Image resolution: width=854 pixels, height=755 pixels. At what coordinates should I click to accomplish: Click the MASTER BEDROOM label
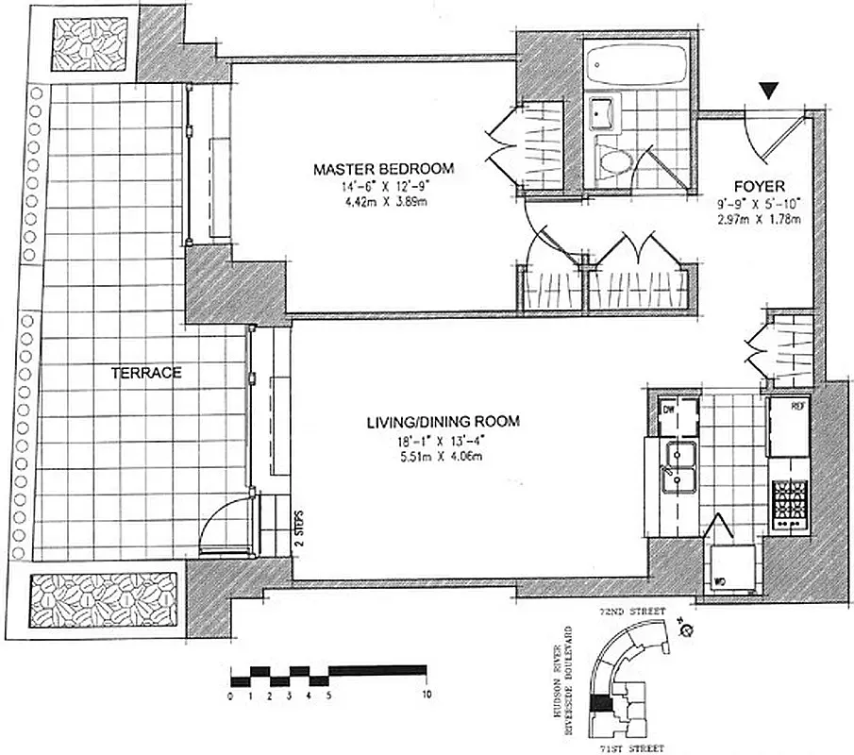point(383,170)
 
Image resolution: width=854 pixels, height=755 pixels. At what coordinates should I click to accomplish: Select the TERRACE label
point(146,373)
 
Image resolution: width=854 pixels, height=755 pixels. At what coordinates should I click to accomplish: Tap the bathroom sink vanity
point(601,115)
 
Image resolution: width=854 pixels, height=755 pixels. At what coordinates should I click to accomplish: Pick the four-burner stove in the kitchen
point(788,505)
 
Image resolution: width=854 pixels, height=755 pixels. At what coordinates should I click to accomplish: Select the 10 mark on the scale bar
point(427,696)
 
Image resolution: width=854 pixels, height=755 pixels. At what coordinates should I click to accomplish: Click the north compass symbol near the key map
point(686,631)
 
